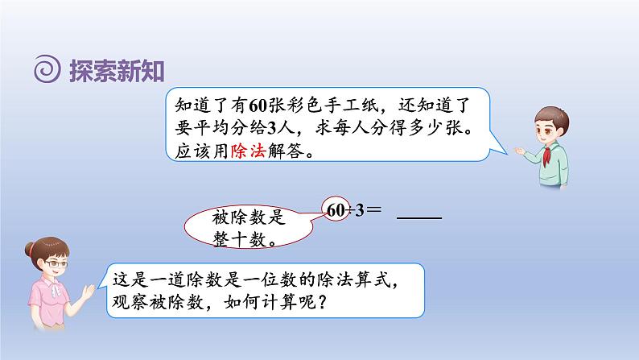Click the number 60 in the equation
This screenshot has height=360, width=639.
tap(337, 209)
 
